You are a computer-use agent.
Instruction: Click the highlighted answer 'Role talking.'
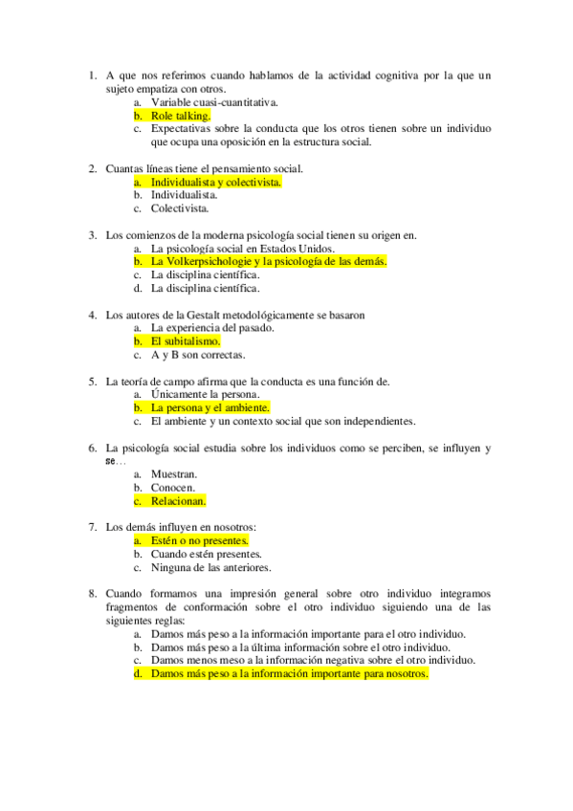pyautogui.click(x=180, y=115)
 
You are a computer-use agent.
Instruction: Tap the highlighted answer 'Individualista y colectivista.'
pyautogui.click(x=216, y=181)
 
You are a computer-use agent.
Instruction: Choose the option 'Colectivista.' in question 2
pyautogui.click(x=179, y=208)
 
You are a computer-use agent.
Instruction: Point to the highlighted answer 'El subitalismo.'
pyautogui.click(x=186, y=340)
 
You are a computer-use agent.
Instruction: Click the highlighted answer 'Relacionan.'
pyautogui.click(x=179, y=500)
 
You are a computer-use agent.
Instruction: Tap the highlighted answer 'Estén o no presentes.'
pyautogui.click(x=200, y=540)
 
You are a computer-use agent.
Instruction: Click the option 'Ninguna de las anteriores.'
pyautogui.click(x=210, y=567)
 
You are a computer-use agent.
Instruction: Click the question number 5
pyautogui.click(x=92, y=381)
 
